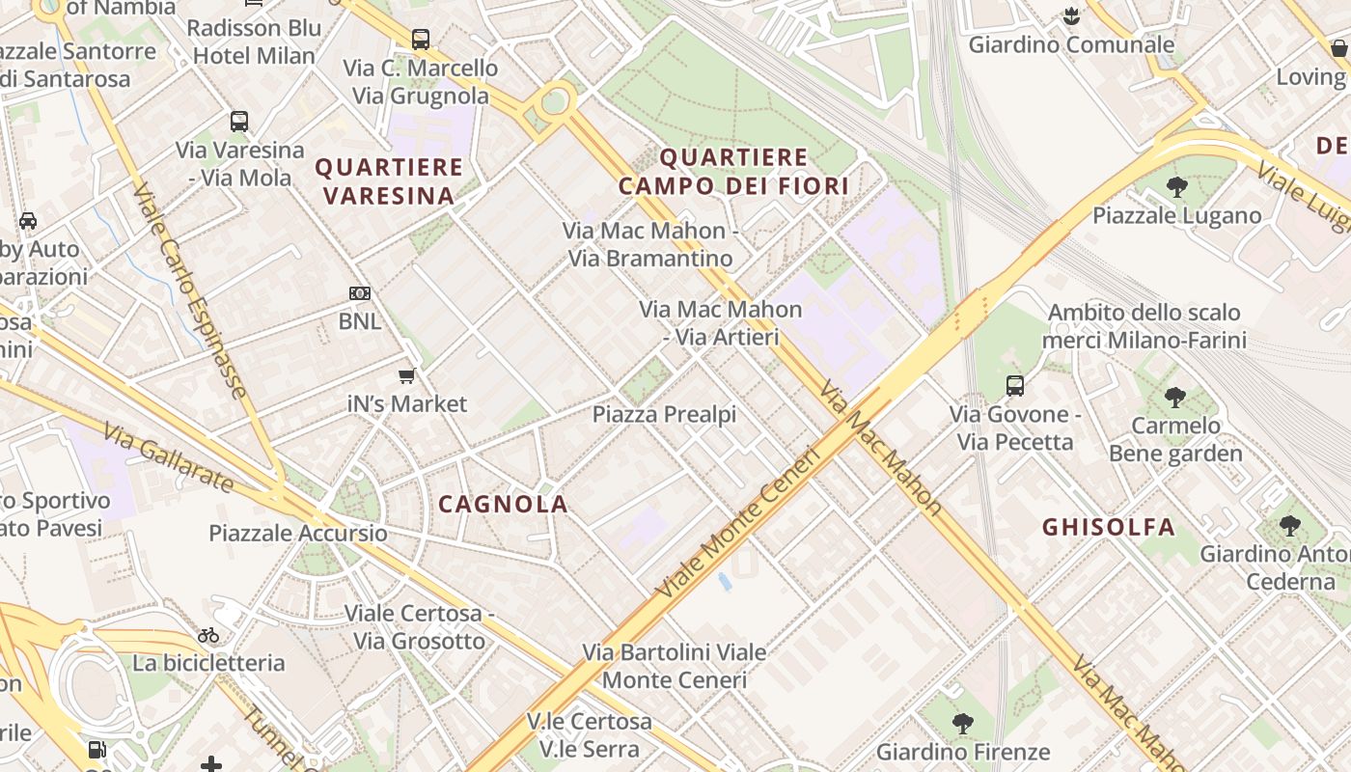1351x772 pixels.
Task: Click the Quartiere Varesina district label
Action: coord(388,181)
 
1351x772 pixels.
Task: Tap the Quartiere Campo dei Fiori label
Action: coord(733,172)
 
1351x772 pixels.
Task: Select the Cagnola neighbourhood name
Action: coord(503,504)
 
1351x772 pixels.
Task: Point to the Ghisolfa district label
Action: coord(1109,527)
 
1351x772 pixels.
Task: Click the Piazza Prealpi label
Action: coord(664,415)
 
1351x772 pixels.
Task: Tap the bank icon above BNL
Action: coord(359,292)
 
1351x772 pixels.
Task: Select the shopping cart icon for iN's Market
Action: coord(407,375)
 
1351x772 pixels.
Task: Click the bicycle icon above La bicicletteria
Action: coord(208,635)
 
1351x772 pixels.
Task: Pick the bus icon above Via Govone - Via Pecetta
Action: coord(1014,386)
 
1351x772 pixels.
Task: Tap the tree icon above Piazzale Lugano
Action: coord(1176,187)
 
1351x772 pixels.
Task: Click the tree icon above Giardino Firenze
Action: coord(962,723)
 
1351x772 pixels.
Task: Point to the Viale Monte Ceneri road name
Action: coord(737,522)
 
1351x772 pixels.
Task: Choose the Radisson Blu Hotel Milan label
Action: coord(254,41)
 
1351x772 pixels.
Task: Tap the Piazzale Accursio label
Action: coord(298,533)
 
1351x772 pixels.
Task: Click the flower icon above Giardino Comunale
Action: coord(1070,16)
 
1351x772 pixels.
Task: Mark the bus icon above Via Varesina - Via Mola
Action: coord(239,122)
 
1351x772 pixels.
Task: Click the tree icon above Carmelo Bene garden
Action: coord(1174,397)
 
